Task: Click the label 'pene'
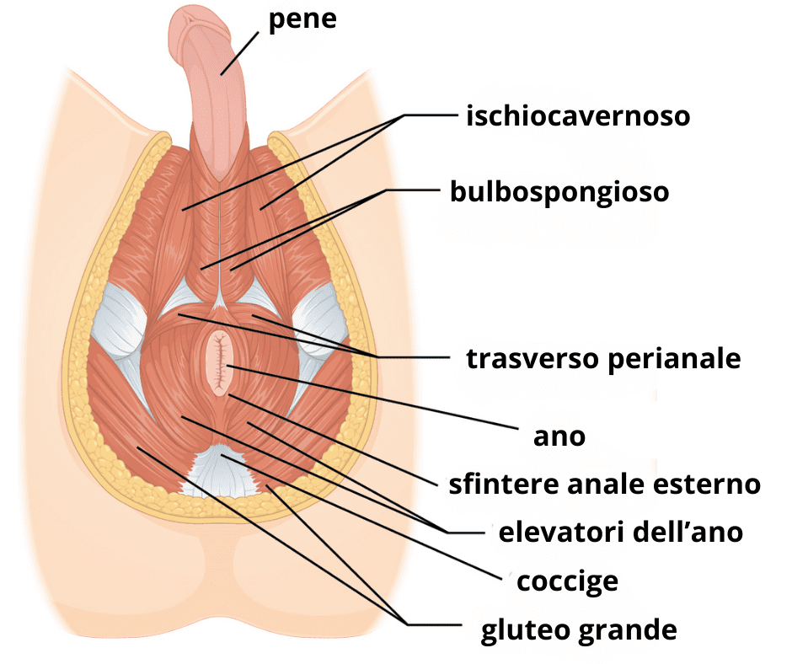tap(302, 19)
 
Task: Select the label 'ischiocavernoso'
tap(577, 115)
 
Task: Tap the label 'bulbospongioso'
tap(559, 192)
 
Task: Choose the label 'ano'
tap(559, 436)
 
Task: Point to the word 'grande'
tap(624, 629)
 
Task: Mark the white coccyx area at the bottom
tap(221, 472)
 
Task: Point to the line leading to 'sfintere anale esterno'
tap(337, 439)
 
